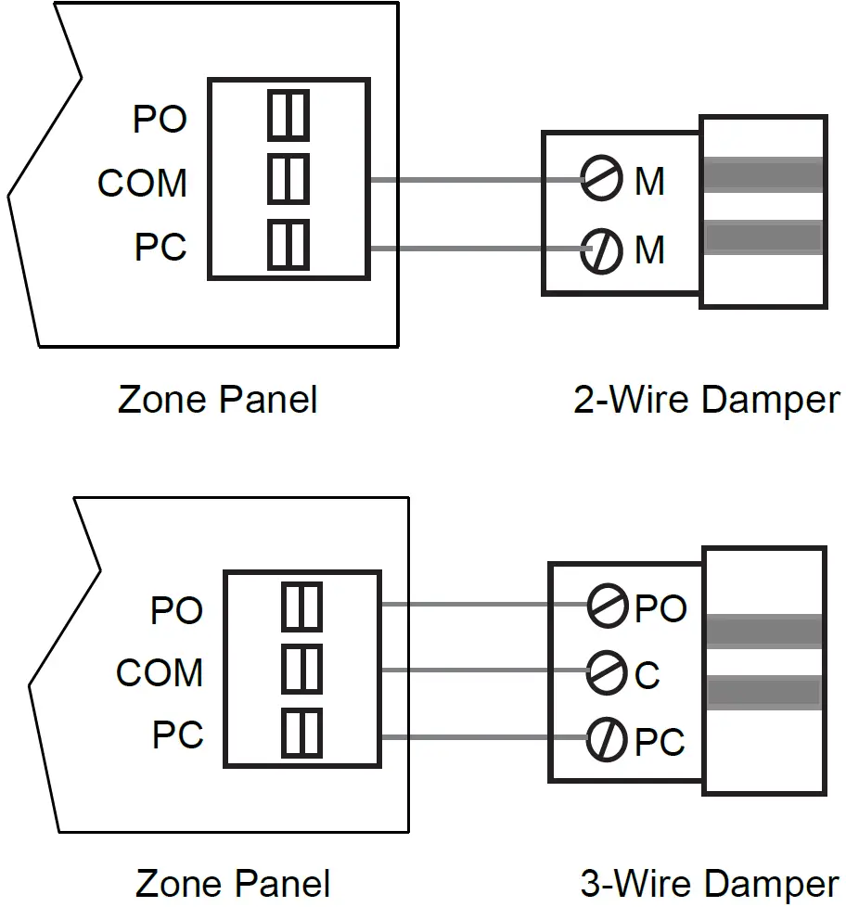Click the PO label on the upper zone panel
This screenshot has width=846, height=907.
click(160, 120)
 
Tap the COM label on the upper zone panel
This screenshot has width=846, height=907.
click(142, 184)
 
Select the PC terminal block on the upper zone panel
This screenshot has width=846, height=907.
click(288, 244)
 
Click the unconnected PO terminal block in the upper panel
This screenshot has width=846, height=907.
click(288, 116)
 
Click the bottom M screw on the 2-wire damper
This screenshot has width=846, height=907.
click(601, 249)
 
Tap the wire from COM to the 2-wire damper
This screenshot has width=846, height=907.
click(464, 179)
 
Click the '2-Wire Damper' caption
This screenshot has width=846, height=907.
click(706, 401)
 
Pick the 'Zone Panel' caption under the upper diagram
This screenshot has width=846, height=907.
click(218, 401)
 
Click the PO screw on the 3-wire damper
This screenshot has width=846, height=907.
click(607, 606)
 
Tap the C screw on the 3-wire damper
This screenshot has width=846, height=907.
click(607, 671)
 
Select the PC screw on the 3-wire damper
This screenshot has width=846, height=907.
click(607, 739)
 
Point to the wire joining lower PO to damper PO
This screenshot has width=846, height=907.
click(482, 605)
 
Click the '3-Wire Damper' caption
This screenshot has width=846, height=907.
click(710, 883)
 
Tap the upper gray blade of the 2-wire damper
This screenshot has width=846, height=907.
click(763, 174)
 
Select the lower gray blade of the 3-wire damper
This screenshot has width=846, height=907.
click(763, 692)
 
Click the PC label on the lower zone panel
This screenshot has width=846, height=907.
click(177, 736)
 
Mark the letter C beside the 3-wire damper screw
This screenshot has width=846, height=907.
click(647, 676)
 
